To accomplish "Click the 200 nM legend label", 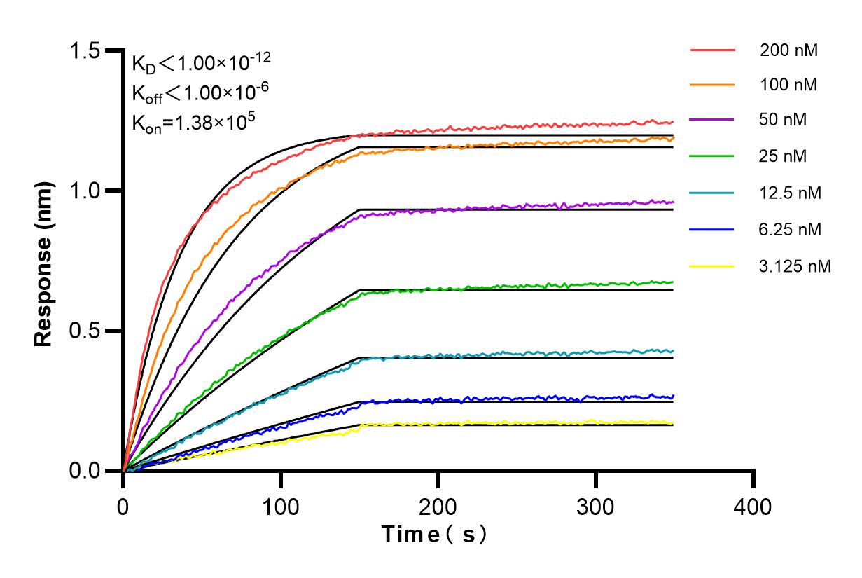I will pyautogui.click(x=788, y=50).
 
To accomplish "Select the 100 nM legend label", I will pyautogui.click(x=788, y=85).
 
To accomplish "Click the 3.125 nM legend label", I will pyautogui.click(x=795, y=266).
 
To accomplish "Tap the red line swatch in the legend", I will pyautogui.click(x=712, y=50).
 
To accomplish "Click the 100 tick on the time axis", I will pyautogui.click(x=281, y=506).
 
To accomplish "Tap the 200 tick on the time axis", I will pyautogui.click(x=438, y=506).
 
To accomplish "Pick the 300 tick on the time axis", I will pyautogui.click(x=596, y=506).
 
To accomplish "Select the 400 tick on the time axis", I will pyautogui.click(x=753, y=506).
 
